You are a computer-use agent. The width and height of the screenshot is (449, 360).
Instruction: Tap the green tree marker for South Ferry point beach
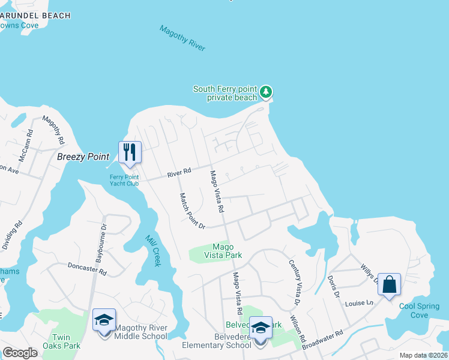click(x=266, y=92)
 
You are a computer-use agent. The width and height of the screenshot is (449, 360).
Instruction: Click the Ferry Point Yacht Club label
click(x=124, y=179)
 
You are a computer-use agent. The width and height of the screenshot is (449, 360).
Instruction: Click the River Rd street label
click(x=179, y=173)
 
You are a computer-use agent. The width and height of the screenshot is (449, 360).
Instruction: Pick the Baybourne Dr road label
click(x=100, y=245)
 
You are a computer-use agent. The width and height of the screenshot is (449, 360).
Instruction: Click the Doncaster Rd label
click(x=87, y=268)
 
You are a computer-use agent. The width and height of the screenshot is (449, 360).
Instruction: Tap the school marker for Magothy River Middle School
click(x=104, y=321)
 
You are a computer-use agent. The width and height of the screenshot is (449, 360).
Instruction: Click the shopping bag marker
click(x=390, y=285)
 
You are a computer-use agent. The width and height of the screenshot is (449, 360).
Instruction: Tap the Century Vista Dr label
click(x=294, y=277)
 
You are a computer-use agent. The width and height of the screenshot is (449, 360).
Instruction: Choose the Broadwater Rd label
click(x=322, y=340)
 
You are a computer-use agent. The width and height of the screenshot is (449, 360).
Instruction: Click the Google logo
click(x=20, y=353)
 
